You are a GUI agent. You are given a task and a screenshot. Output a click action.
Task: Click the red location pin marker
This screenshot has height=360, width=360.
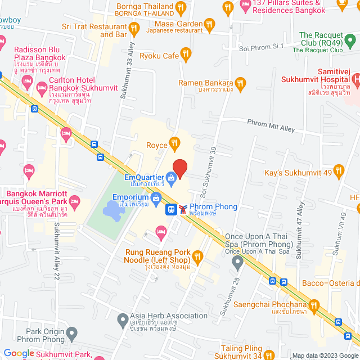click(179, 168)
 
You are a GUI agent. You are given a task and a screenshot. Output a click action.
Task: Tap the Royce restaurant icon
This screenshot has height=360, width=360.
click(175, 145)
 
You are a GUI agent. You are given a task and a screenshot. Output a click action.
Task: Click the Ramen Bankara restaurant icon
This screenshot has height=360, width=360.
click(240, 83)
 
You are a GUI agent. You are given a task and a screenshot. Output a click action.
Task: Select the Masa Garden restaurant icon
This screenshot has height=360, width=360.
click(209, 24)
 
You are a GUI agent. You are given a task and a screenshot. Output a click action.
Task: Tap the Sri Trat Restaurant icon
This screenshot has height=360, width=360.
click(134, 28)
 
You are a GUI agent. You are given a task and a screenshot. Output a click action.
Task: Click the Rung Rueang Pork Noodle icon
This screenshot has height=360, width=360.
click(197, 257)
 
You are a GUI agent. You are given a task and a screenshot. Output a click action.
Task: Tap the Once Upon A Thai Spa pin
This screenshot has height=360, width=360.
click(238, 262)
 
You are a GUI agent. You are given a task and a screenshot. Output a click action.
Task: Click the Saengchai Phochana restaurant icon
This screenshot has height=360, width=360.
click(314, 306)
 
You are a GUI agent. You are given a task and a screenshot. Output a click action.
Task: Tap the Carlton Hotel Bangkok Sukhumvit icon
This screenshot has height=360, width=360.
click(41, 88)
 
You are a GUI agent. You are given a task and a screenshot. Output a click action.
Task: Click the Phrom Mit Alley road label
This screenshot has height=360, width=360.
click(272, 125)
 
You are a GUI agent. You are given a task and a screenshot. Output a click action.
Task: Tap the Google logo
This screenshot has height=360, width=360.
click(19, 353)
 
